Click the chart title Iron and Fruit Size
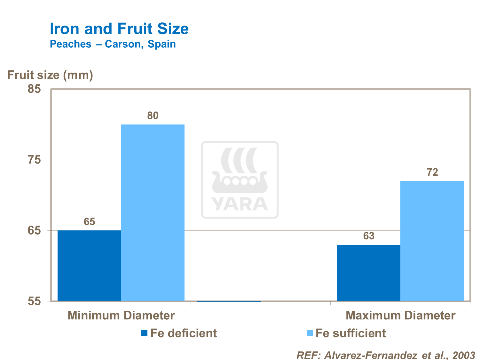tap(119, 29)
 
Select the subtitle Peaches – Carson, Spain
tap(113, 44)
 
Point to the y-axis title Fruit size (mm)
tap(50, 75)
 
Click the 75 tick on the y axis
tap(34, 160)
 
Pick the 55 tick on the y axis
tap(34, 301)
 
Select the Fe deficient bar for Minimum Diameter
tap(89, 266)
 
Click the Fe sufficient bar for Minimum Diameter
tap(153, 213)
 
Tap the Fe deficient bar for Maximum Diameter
tap(368, 273)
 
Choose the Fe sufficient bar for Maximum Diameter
tap(432, 241)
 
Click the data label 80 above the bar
tap(153, 116)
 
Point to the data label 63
tap(368, 236)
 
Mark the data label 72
tap(432, 172)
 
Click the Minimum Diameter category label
tap(121, 316)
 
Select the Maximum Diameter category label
tap(400, 316)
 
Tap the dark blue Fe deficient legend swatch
tap(145, 333)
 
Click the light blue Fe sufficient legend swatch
tap(309, 333)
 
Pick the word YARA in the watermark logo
tap(240, 204)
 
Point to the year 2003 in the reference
tap(464, 355)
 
